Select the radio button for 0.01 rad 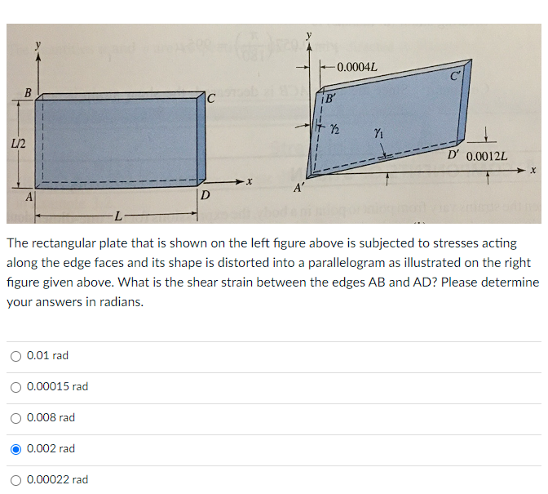[x=15, y=356]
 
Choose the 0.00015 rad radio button [x=15, y=387]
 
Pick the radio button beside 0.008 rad [x=15, y=418]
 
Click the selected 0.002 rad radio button [x=15, y=449]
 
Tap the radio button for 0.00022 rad [x=15, y=480]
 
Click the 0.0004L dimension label [x=356, y=66]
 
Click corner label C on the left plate [x=210, y=99]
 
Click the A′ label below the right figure [x=299, y=188]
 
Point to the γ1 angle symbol [x=378, y=132]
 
